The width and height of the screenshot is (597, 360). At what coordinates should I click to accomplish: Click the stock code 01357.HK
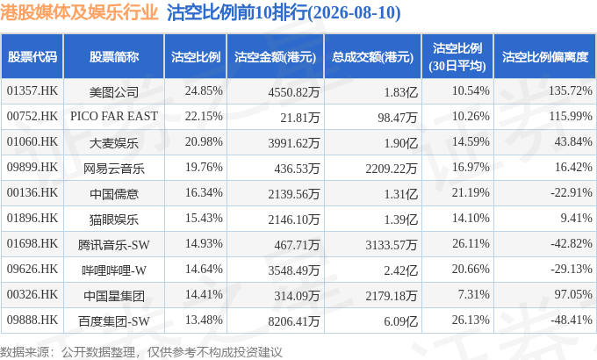(32, 91)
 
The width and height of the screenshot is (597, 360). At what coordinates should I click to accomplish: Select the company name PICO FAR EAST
(114, 116)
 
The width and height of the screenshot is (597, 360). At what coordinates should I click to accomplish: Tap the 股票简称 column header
(114, 57)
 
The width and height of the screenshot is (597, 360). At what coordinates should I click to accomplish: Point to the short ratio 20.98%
(204, 141)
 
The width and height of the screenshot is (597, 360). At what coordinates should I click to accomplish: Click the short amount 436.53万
(297, 168)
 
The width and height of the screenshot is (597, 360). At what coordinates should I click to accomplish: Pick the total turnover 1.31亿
(400, 193)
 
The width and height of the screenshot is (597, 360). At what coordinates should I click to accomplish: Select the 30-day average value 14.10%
(471, 219)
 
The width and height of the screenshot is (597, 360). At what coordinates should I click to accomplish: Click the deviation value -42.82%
(572, 244)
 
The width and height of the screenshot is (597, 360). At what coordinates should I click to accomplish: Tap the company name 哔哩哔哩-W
(114, 270)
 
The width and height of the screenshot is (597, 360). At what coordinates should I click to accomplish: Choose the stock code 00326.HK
(32, 295)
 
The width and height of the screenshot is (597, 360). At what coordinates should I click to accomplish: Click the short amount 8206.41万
(293, 320)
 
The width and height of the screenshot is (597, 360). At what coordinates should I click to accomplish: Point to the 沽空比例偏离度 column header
(545, 57)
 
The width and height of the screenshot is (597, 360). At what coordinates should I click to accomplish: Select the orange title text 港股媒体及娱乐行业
(79, 12)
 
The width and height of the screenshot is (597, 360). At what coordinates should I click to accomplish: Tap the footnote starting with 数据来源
(140, 351)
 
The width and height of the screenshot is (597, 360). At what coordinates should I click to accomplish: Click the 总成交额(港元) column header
(372, 57)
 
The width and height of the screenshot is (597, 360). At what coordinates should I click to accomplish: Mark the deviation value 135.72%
(571, 91)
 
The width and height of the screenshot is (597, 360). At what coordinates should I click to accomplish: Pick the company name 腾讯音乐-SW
(114, 245)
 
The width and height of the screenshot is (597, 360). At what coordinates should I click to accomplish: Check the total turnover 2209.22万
(392, 168)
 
